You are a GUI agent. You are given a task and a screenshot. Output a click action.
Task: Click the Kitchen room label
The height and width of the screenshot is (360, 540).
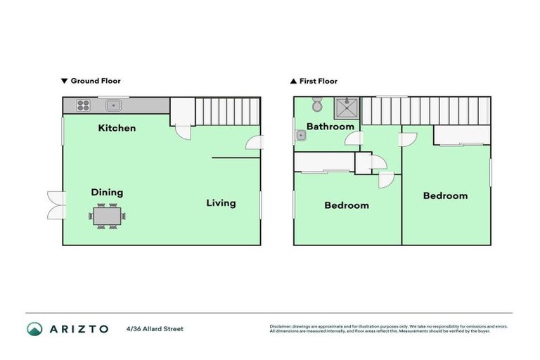tap(117, 128)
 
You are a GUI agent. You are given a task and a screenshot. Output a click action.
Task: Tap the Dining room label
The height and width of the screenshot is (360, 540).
tap(107, 192)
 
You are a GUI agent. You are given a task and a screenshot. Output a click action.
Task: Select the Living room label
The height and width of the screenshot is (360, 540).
tap(221, 203)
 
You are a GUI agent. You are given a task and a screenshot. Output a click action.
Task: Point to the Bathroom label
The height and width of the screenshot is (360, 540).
tap(330, 127)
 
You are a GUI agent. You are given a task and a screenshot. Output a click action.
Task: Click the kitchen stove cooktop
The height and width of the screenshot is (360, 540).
tap(83, 105)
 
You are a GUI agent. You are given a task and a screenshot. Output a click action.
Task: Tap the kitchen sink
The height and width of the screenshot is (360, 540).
tap(113, 105)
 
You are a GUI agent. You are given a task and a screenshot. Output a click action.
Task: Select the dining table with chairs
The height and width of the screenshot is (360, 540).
tap(108, 215)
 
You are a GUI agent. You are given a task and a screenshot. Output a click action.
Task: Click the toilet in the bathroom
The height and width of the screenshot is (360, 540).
tap(317, 105)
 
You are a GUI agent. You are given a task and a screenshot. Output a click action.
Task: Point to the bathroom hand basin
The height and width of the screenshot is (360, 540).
tap(301, 135)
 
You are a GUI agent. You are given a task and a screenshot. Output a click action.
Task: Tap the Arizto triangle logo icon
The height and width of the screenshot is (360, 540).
tap(34, 328)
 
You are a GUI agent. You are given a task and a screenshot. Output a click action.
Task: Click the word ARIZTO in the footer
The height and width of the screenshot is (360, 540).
tap(79, 329)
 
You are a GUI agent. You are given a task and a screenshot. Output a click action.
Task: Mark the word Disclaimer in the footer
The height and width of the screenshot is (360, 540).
tap(281, 326)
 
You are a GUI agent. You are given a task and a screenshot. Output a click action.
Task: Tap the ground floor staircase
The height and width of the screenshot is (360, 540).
tap(226, 111)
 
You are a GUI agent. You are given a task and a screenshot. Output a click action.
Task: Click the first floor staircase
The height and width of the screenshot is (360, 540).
tap(425, 111)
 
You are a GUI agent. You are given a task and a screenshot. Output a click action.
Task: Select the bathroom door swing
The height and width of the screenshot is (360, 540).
tap(353, 139)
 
